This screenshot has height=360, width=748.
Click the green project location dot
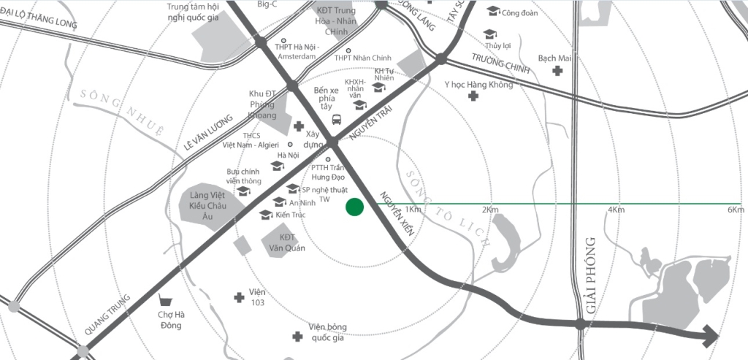point(354,207)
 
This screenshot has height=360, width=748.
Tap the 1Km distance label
point(412,210)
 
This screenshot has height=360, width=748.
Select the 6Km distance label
point(736,210)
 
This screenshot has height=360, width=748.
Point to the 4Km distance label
point(616,210)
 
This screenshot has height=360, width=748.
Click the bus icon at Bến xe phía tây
point(337,120)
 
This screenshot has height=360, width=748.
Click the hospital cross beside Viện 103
point(238,297)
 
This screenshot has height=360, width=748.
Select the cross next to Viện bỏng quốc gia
point(297,337)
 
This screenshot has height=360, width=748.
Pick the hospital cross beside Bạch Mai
point(558,71)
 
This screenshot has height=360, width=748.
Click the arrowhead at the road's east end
point(710,337)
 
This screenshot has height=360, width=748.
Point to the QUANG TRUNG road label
point(107,314)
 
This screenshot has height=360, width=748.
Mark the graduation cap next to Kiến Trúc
point(265,215)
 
